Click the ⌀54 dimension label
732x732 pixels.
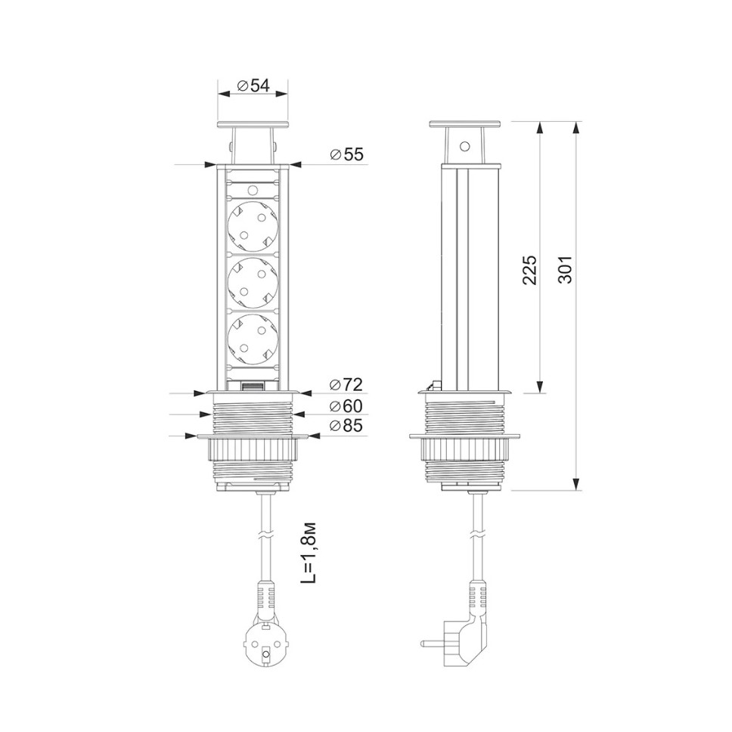pos(253,85)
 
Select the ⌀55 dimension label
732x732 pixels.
pos(346,154)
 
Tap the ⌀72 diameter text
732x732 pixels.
pos(346,385)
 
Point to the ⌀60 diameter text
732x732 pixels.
pos(346,406)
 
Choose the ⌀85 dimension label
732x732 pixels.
pos(346,426)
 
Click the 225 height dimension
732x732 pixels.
pos(530,270)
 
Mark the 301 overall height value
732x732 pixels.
pos(566,269)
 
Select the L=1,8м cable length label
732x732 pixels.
pos(308,552)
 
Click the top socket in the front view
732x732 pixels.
pos(252,226)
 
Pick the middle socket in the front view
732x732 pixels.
pos(252,283)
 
